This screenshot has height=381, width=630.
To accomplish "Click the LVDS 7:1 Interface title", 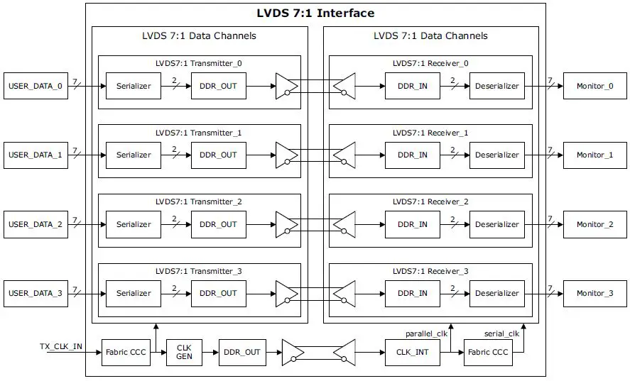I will pos(315,13).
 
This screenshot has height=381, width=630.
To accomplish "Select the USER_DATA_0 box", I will pos(35,86).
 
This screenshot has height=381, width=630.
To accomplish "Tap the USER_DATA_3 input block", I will pos(35,293).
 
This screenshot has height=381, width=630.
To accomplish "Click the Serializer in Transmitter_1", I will pos(134,155).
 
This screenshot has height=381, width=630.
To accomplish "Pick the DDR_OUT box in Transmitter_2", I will pos(218,224).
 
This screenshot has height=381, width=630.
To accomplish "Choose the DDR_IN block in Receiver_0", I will pos(413,86).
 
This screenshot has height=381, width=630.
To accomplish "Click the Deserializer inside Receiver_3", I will pos(497,293).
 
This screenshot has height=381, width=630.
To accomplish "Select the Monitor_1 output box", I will pos(594,155).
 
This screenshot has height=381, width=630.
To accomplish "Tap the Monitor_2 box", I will pos(594,224).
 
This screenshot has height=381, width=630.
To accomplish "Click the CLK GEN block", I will pos(184,352).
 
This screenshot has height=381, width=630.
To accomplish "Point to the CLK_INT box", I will pos(413,352).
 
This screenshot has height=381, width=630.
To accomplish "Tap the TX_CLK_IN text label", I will pos(60,346).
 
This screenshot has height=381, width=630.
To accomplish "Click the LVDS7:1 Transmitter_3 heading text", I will pos(199,271).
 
